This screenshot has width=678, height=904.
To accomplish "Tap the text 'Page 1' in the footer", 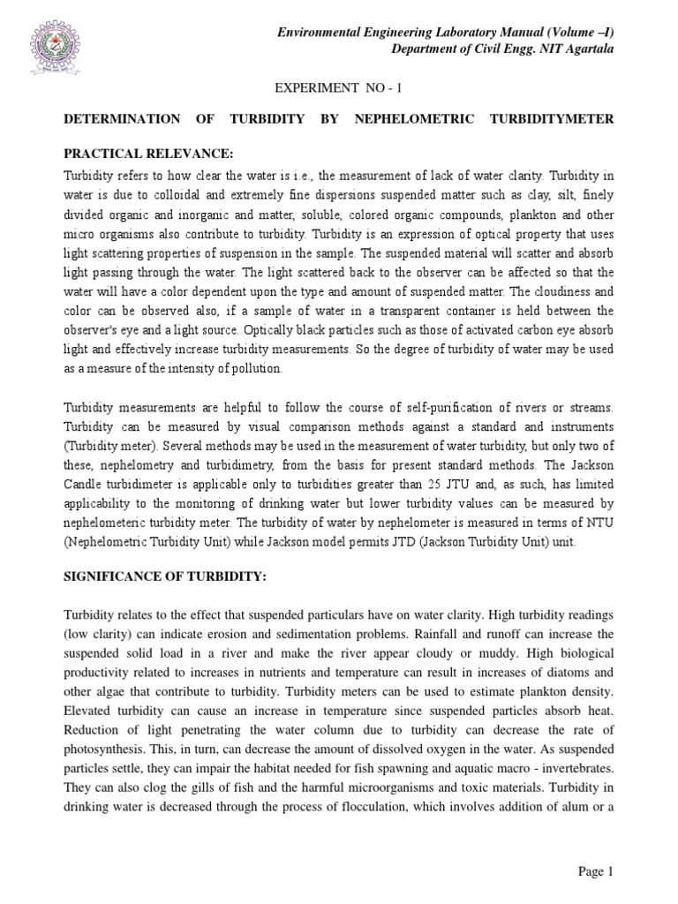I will point(595,872).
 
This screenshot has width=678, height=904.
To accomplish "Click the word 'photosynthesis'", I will point(104,719).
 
